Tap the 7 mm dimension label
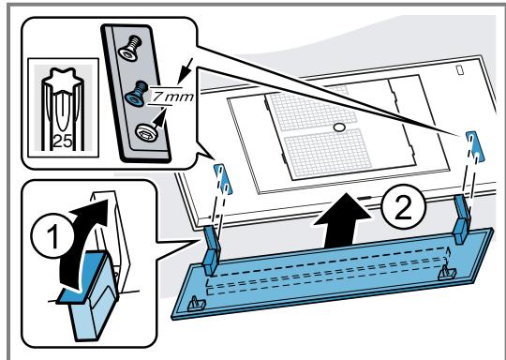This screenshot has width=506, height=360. (x=172, y=97)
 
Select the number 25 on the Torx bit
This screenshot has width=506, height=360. (x=62, y=142)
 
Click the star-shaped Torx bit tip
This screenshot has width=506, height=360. (x=62, y=80)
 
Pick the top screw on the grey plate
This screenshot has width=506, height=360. (x=130, y=49)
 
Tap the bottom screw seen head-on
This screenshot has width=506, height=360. (x=144, y=131)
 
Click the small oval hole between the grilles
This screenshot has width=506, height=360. (x=339, y=127)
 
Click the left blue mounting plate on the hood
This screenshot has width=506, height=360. (x=223, y=179)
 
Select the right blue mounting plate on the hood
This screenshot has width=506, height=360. (x=475, y=146)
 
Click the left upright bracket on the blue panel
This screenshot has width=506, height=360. (x=212, y=250)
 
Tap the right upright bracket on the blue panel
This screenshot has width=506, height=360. (x=463, y=218)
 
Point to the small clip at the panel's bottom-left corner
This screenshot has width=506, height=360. (x=197, y=304)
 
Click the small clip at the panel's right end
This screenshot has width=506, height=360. (x=447, y=272)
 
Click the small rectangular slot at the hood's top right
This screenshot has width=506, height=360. (x=460, y=70)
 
